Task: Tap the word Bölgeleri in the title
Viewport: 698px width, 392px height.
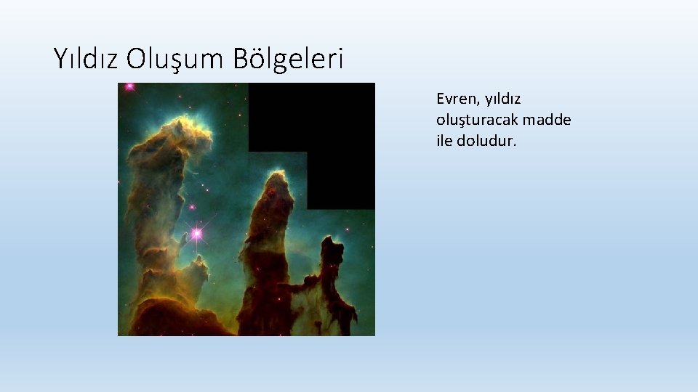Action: coord(288,58)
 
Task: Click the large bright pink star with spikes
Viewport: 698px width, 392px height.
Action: coord(196,233)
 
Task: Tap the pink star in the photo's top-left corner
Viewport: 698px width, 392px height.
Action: coord(130,86)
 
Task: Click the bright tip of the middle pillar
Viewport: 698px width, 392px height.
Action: coord(276,179)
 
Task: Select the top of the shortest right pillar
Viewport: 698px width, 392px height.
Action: coord(334,243)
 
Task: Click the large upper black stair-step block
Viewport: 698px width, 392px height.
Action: coord(311,116)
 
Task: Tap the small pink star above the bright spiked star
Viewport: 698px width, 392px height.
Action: coord(193,208)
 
